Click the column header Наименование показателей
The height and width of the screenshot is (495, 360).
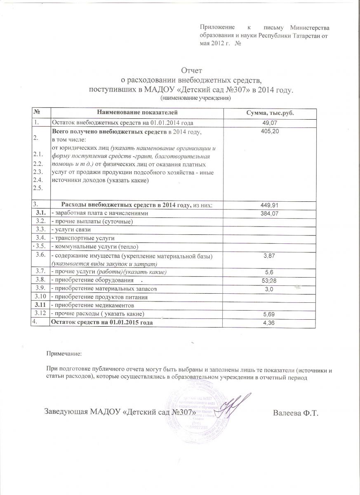click(x=137, y=113)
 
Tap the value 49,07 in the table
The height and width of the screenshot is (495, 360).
click(x=270, y=123)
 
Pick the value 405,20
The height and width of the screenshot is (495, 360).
click(x=270, y=131)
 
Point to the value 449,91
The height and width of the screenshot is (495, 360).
click(x=270, y=205)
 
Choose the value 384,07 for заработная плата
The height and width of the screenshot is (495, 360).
click(x=270, y=213)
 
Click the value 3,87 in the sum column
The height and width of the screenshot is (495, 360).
click(x=270, y=257)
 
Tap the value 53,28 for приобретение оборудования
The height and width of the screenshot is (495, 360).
click(x=270, y=280)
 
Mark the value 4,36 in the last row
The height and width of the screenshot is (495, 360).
click(x=270, y=323)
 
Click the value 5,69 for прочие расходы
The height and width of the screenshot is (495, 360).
click(x=270, y=315)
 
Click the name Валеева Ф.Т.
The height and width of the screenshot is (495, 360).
click(x=296, y=413)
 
